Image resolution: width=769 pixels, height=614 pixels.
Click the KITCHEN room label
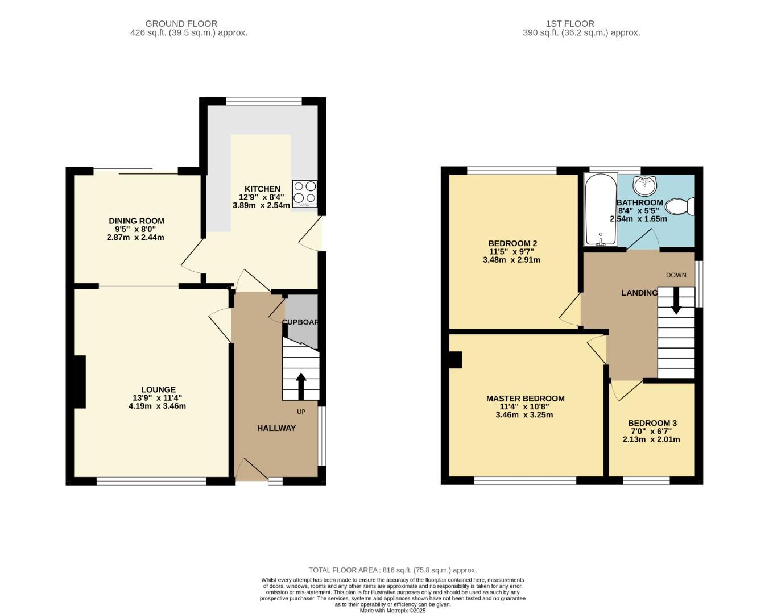(262, 189)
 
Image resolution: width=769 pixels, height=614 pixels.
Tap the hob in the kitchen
(305, 194)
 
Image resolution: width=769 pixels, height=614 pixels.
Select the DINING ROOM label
(137, 221)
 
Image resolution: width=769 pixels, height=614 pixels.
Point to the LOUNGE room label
(158, 389)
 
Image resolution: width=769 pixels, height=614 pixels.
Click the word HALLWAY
(276, 428)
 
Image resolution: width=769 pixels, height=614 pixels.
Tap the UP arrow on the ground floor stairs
(301, 386)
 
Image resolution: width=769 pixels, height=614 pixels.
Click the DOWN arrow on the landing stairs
(676, 301)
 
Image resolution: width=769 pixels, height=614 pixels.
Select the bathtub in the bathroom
(601, 210)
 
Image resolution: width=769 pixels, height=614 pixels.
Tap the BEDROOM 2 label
(513, 243)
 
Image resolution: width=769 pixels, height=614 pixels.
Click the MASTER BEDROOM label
(526, 399)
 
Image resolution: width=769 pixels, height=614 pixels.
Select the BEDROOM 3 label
(652, 424)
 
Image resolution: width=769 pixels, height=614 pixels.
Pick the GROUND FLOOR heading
(181, 23)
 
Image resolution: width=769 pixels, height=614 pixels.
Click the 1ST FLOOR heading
(570, 23)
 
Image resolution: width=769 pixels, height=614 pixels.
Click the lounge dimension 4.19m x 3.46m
(157, 406)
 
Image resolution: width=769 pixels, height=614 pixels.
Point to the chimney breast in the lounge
(80, 382)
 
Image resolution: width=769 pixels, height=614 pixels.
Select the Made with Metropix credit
(392, 611)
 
